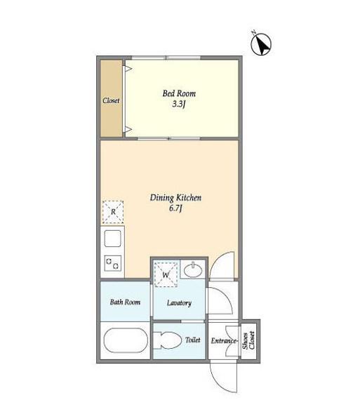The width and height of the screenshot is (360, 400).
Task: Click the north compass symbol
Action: [x=261, y=44]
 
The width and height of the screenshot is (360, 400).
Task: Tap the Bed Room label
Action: [x=179, y=93]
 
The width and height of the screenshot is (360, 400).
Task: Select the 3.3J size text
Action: [x=179, y=104]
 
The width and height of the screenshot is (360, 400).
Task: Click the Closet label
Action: [x=111, y=100]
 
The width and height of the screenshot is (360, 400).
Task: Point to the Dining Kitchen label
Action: [x=175, y=198]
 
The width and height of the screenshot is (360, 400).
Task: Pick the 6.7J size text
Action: [x=175, y=208]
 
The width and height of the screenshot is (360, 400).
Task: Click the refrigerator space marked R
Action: [x=113, y=212]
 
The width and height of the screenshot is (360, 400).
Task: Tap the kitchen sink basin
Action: [x=112, y=239]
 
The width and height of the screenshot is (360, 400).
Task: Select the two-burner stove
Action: [x=112, y=263]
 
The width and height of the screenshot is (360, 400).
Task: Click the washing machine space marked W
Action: [x=166, y=274]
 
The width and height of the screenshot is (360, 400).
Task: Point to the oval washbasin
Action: [x=193, y=270]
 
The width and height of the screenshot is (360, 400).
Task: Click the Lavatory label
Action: [x=179, y=303]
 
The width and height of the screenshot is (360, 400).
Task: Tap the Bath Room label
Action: [x=125, y=302]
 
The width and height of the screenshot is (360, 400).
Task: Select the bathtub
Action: [x=126, y=340]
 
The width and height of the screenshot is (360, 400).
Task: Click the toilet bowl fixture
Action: [x=167, y=340]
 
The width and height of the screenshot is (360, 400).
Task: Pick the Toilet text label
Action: [x=192, y=340]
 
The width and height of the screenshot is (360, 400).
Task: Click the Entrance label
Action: [x=225, y=341]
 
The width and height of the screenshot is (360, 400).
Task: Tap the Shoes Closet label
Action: [x=248, y=340]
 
